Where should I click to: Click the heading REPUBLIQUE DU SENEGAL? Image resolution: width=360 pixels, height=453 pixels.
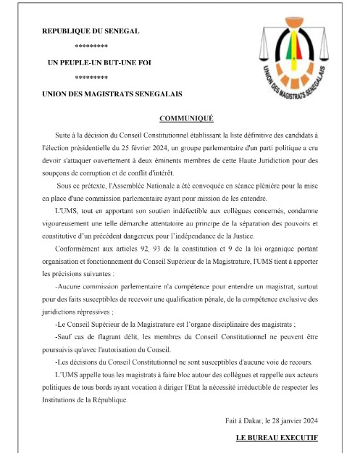coord(91,32)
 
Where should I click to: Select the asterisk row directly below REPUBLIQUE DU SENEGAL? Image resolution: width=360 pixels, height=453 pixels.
coord(91,47)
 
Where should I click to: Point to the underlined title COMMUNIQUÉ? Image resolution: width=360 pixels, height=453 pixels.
coord(182,117)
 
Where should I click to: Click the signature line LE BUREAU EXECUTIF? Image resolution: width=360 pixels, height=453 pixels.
coord(277,439)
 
